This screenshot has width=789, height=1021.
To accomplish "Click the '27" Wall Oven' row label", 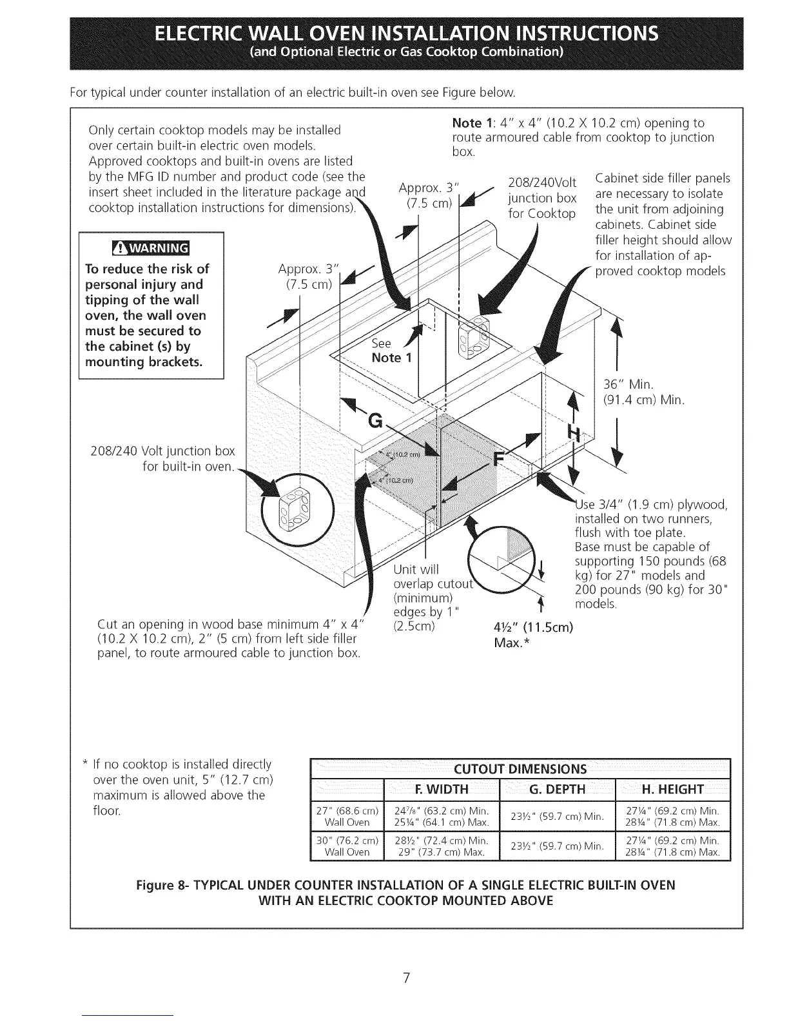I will [347, 816].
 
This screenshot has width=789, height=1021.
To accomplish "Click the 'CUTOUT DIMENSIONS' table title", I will [520, 769].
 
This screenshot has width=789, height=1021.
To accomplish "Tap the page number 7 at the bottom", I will [406, 960].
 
